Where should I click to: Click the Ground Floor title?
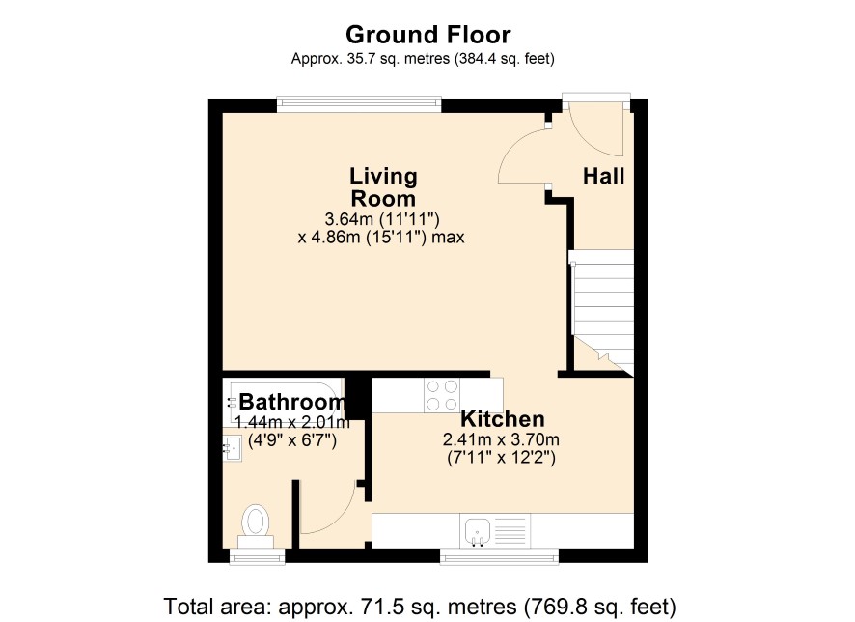428,35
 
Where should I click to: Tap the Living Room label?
383,186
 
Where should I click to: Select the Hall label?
604,176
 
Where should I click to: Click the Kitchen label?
502,419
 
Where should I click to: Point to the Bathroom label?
292,402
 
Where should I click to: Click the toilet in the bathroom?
256,525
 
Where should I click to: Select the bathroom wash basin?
233,448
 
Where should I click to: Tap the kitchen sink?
478,530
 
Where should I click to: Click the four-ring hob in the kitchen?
442,395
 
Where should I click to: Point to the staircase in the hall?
601,312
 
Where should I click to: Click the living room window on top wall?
359,104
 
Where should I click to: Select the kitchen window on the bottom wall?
500,556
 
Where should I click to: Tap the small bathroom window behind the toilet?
258,556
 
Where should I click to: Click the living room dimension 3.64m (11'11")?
382,219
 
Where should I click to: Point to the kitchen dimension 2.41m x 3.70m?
501,439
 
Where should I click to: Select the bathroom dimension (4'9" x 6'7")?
292,439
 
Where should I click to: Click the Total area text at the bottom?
420,607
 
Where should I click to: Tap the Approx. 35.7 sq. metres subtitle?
423,58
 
